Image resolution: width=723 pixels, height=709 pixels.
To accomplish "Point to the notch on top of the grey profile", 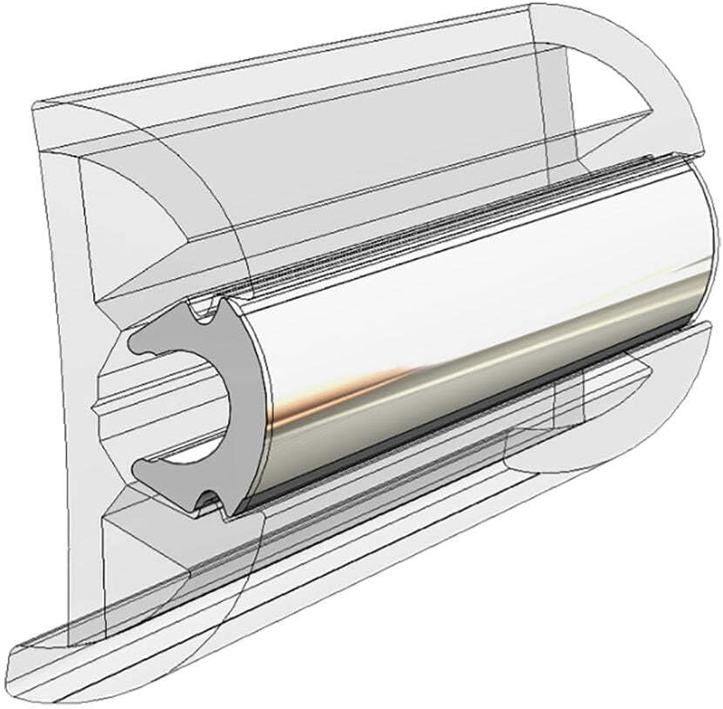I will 205,310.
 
